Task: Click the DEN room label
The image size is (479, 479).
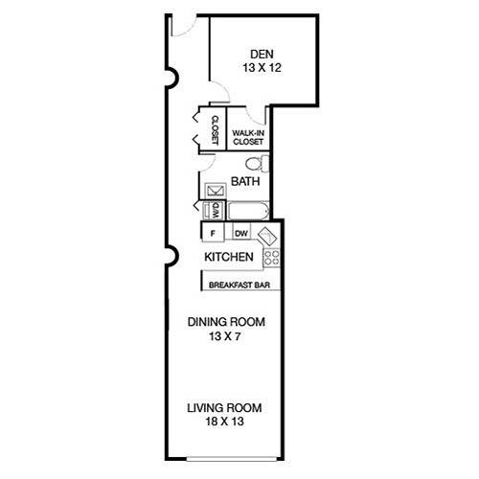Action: tap(262, 55)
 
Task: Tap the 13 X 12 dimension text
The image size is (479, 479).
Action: tap(262, 68)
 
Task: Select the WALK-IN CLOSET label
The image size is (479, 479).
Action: tap(248, 137)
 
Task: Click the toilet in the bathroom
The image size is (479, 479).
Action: tap(258, 164)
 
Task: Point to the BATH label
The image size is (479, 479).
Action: tap(245, 181)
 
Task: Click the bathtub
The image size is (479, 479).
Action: tap(249, 211)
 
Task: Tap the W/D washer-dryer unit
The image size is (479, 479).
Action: tap(215, 211)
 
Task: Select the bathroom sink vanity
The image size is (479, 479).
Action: tap(216, 191)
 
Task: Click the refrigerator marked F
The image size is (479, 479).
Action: tap(213, 234)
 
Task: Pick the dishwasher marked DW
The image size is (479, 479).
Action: tap(241, 234)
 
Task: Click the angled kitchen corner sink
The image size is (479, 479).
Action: tap(267, 237)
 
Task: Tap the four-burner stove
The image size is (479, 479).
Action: tap(272, 258)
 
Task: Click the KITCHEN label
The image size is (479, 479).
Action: tap(229, 257)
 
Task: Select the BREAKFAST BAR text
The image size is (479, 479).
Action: tap(239, 285)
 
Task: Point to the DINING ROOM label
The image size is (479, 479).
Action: tap(226, 322)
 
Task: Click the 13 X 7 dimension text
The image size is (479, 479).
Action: tap(224, 336)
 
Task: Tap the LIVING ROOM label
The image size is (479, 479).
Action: tap(224, 408)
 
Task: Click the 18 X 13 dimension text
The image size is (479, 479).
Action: tap(224, 422)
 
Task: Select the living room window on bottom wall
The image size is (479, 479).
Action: tap(232, 459)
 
